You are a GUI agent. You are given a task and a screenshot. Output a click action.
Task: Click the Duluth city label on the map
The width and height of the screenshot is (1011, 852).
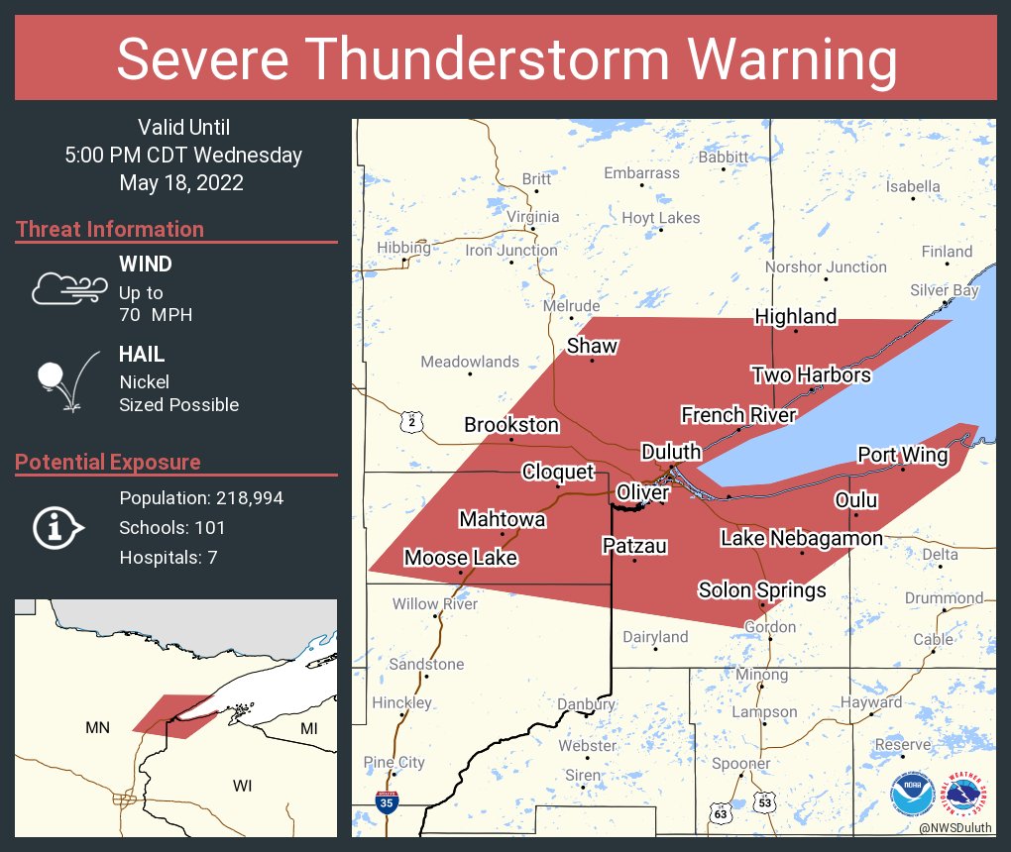pos(671,452)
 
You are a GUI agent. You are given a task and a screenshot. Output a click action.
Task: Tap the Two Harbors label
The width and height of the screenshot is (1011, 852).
pos(811,374)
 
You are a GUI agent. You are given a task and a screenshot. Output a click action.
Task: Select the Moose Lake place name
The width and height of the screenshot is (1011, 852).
pos(460,558)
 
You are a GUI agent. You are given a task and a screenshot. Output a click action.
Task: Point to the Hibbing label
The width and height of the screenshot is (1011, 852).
pos(403,248)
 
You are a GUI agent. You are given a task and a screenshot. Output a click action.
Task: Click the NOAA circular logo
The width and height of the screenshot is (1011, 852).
pos(911,793)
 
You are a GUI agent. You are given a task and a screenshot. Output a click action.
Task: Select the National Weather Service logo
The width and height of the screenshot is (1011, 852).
pos(966,793)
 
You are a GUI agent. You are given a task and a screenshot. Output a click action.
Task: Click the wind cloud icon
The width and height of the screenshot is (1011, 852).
pos(67,287)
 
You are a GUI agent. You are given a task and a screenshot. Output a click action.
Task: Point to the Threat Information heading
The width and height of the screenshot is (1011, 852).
pos(110,229)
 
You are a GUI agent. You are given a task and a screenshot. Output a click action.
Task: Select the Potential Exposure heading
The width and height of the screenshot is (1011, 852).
pos(108,462)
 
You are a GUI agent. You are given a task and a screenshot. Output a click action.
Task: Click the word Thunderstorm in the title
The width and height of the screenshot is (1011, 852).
pos(506,58)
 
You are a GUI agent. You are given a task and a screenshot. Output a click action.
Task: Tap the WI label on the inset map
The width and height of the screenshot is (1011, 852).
pos(243,786)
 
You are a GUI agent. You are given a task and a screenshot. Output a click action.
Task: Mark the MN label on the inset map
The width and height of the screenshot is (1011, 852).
pos(97,728)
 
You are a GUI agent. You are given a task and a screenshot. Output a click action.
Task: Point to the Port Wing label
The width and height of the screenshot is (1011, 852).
pos(902,455)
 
